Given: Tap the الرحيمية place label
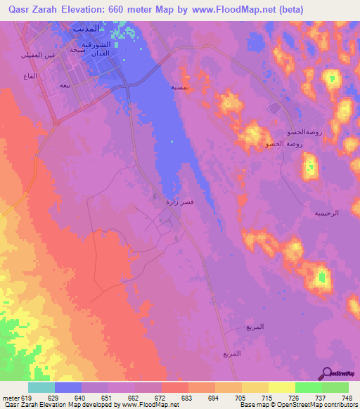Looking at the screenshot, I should tap(326, 212).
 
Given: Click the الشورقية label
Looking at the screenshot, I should tap(96, 44).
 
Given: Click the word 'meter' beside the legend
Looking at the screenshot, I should tap(10, 397).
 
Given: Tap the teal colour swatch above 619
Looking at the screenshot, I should tap(41, 387).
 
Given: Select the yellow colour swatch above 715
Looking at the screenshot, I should tap(255, 387).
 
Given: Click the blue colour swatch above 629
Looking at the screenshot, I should tap(68, 387).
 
